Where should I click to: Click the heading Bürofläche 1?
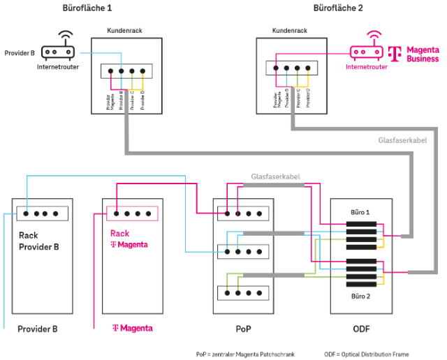tap(87, 8)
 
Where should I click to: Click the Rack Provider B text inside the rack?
tap(38, 241)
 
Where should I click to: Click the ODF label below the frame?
tap(360, 328)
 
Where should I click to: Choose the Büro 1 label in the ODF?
tap(360, 211)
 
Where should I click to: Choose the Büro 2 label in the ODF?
tap(360, 296)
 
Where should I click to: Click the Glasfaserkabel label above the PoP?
tap(276, 177)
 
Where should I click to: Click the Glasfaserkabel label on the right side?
tap(402, 140)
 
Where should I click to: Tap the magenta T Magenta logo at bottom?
tap(132, 328)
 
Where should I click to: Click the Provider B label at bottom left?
tap(37, 328)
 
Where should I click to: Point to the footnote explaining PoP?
tap(245, 354)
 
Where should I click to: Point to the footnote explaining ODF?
tap(367, 354)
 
